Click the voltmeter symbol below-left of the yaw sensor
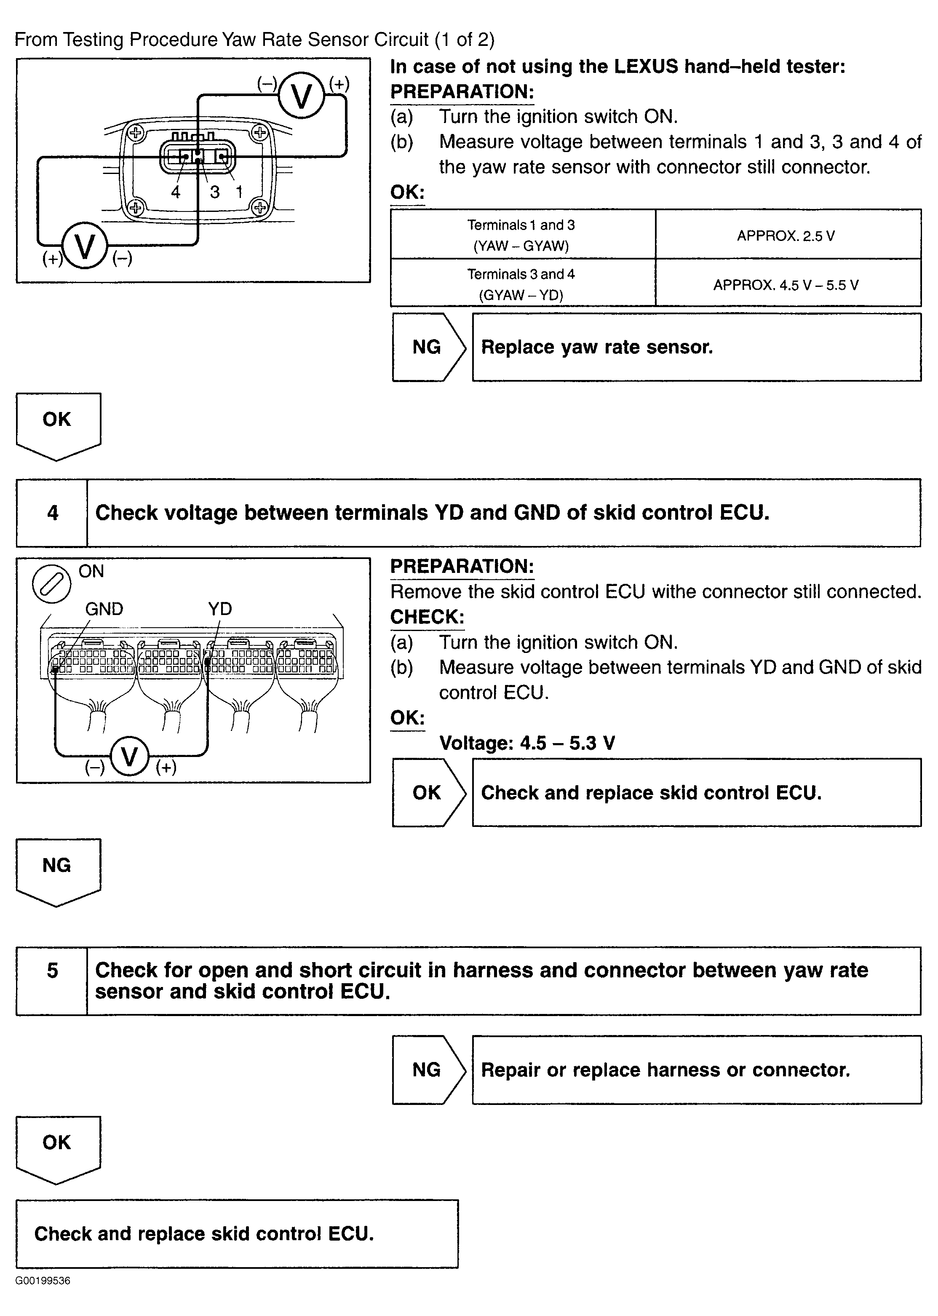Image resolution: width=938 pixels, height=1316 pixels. (x=85, y=247)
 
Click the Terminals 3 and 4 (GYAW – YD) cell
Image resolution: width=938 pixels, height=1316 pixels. (x=521, y=284)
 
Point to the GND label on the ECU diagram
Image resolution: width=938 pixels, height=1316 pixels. (x=104, y=609)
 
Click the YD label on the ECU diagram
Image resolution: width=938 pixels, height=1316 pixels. (x=219, y=609)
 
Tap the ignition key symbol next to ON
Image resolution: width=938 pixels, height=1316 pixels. (x=51, y=583)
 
